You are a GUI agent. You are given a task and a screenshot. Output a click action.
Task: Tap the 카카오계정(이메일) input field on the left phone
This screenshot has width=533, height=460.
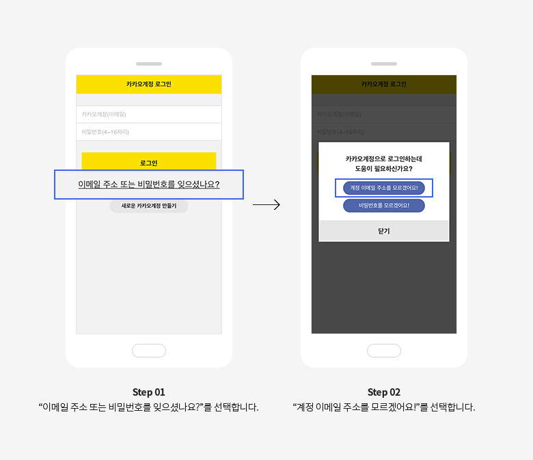pyautogui.click(x=149, y=114)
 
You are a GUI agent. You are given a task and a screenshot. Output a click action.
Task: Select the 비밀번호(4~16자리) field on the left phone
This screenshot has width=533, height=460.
pyautogui.click(x=149, y=132)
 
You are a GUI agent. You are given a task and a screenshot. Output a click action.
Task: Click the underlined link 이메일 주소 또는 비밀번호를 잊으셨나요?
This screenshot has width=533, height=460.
pyautogui.click(x=149, y=185)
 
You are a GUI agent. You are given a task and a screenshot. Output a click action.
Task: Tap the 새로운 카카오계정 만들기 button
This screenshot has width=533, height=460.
pyautogui.click(x=149, y=206)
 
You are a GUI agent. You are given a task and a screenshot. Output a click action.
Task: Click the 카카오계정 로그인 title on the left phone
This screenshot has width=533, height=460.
pyautogui.click(x=149, y=84)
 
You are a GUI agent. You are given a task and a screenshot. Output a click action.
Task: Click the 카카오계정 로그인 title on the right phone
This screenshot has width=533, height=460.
pyautogui.click(x=384, y=84)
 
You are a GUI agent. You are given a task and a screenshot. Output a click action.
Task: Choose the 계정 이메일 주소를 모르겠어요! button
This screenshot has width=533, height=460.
pyautogui.click(x=384, y=187)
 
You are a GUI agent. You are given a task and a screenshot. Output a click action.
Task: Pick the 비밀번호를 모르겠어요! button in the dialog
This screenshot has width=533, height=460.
pyautogui.click(x=384, y=205)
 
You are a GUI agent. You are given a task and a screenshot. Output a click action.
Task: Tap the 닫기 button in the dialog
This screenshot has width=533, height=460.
pyautogui.click(x=384, y=231)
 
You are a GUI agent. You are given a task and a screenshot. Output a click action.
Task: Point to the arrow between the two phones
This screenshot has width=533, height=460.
pyautogui.click(x=266, y=204)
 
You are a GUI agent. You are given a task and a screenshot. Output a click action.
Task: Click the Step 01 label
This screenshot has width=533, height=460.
pyautogui.click(x=149, y=392)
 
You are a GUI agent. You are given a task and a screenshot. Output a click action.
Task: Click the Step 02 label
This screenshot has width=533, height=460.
pyautogui.click(x=384, y=392)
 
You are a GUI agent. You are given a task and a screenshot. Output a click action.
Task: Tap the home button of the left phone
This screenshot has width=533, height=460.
pyautogui.click(x=149, y=351)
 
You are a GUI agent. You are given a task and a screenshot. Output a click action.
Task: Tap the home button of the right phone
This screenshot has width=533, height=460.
pyautogui.click(x=384, y=351)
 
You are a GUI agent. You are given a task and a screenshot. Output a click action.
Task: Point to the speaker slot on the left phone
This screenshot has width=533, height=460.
pyautogui.click(x=149, y=64)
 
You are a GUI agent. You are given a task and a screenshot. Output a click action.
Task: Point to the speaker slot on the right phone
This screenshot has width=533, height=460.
pyautogui.click(x=384, y=64)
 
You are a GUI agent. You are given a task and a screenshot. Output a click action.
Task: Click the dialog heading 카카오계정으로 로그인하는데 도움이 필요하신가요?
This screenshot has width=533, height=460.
pyautogui.click(x=384, y=163)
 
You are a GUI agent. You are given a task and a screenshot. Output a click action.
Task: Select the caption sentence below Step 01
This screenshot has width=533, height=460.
pyautogui.click(x=149, y=407)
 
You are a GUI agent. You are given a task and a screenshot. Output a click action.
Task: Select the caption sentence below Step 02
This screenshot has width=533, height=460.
pyautogui.click(x=384, y=407)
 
